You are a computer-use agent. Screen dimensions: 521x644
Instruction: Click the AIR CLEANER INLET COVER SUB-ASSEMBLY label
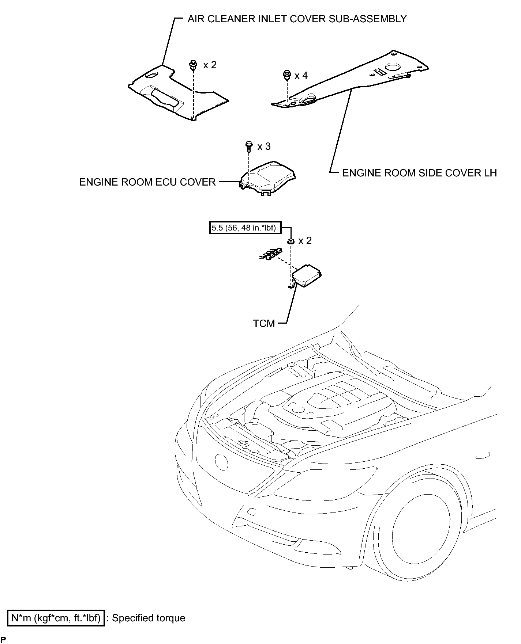(297, 19)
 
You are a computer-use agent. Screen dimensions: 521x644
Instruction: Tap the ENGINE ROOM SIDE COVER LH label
(419, 173)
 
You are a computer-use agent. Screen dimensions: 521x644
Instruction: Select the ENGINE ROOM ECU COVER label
(147, 182)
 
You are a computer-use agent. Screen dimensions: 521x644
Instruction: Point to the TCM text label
(264, 323)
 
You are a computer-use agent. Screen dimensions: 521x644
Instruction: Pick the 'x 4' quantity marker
(301, 75)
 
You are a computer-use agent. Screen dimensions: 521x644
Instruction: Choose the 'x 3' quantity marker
(264, 146)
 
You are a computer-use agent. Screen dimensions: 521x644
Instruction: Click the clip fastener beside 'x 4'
(287, 75)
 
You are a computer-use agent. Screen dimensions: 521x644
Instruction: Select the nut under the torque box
(291, 241)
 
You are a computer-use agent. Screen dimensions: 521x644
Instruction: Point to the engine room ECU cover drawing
(267, 178)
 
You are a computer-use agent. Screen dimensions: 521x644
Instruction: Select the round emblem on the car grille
(221, 462)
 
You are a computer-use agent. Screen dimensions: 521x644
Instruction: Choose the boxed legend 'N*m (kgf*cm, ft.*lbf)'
(56, 618)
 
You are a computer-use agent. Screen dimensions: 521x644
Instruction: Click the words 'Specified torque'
(149, 618)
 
